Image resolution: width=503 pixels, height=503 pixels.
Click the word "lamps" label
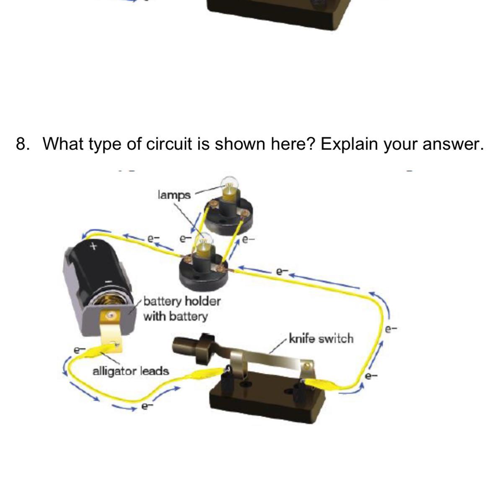coord(174,195)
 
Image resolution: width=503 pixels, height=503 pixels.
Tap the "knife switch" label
coord(321,339)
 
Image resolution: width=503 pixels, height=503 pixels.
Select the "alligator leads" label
coord(131,371)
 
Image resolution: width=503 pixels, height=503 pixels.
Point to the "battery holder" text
coord(182,301)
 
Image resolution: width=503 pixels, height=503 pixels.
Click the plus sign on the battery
coord(93,246)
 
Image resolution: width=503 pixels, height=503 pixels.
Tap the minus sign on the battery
coord(108,281)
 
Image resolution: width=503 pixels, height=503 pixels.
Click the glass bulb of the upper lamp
coord(229,184)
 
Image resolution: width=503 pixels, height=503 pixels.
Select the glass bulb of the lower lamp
coord(205,241)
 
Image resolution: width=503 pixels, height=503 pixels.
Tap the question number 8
coord(22,144)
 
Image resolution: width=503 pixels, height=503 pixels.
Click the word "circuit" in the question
coord(169,144)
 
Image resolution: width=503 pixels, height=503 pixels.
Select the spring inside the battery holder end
coord(104,300)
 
